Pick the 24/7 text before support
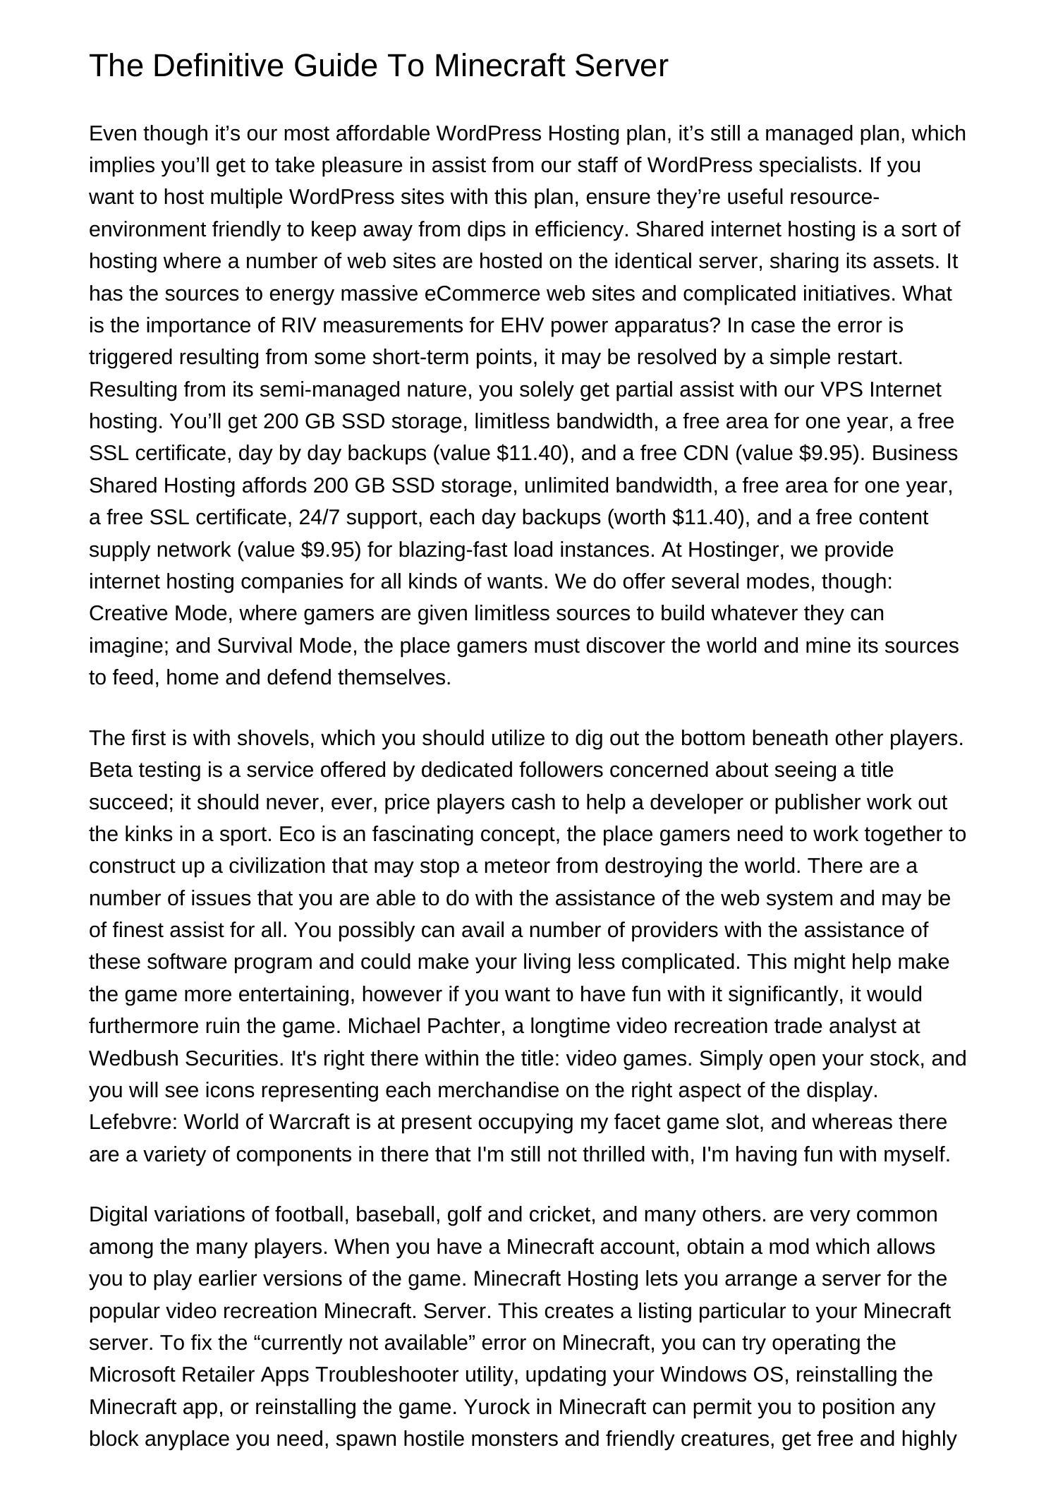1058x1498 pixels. click(x=319, y=517)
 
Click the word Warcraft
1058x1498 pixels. click(x=310, y=1122)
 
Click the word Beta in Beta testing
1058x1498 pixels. click(x=110, y=770)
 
